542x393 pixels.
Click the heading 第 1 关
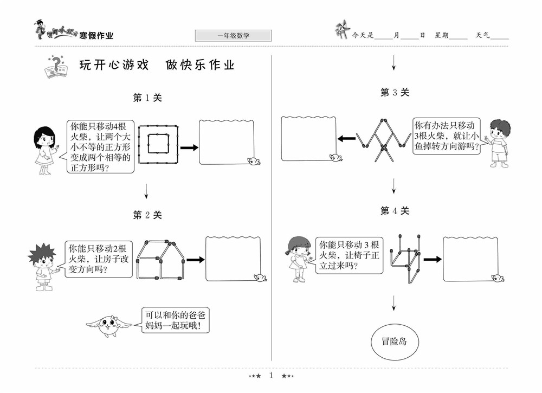[147, 98]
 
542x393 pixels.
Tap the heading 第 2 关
[147, 215]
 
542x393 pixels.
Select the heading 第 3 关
[395, 93]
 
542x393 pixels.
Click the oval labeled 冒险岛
[394, 342]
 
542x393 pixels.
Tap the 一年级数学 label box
[233, 36]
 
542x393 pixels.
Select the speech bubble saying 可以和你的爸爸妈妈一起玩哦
[176, 320]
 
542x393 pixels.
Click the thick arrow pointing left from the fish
[346, 139]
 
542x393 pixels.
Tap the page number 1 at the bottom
[271, 375]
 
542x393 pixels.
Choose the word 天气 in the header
[483, 35]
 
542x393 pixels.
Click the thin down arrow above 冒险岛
[394, 303]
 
